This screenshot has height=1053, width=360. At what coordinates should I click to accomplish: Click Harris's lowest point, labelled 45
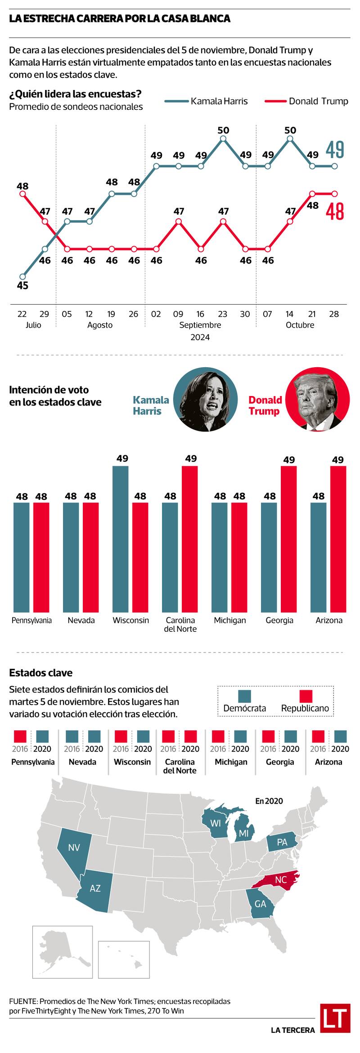22,276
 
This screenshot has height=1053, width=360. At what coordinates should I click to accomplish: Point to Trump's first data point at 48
22,193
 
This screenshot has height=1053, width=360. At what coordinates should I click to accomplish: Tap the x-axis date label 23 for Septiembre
222,314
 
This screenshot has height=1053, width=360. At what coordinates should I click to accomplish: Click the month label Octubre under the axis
300,325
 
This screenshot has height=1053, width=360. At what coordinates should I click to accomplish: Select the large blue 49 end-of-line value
335,150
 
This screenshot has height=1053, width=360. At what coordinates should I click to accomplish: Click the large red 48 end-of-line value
335,211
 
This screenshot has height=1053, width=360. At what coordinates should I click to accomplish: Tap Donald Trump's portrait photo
318,400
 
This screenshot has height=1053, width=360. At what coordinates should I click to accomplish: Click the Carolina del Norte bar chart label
180,624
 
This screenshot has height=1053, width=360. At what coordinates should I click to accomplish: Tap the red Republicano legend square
305,696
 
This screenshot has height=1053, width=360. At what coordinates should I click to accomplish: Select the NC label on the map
281,880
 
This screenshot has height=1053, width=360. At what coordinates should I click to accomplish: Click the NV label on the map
74,848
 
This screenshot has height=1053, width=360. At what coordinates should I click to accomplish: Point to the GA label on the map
261,904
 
